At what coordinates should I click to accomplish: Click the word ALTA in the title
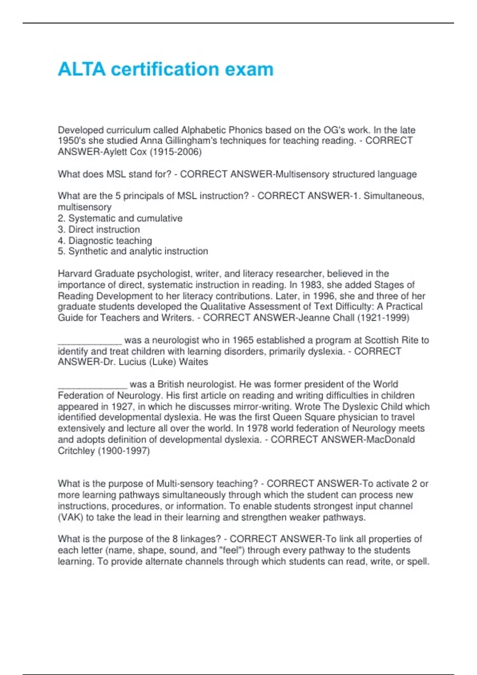click(x=82, y=69)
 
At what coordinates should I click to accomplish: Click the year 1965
click(x=243, y=340)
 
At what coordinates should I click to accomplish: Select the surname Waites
click(x=194, y=362)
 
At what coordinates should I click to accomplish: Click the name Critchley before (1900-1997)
click(x=76, y=451)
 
